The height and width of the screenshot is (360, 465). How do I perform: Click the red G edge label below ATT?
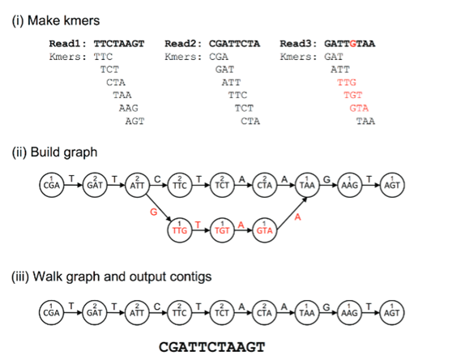[x=154, y=212]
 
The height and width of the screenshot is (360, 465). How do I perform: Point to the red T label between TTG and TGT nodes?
[x=198, y=225]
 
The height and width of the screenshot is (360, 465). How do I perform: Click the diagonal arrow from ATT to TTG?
[x=159, y=208]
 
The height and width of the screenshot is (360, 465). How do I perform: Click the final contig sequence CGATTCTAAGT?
[x=211, y=347]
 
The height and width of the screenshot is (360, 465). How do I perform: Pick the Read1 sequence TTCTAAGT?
[x=119, y=44]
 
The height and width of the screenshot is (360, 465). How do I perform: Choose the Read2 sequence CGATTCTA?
[x=234, y=44]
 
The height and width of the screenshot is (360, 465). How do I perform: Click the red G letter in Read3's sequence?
[x=352, y=44]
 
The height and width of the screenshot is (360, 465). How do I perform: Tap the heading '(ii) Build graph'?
[x=54, y=152]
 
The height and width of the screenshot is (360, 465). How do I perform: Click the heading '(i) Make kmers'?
[x=56, y=20]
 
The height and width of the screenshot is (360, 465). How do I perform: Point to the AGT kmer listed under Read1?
[x=134, y=121]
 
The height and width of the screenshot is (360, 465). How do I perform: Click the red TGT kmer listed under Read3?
[x=353, y=95]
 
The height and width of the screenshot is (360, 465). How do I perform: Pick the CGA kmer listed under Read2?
[x=219, y=57]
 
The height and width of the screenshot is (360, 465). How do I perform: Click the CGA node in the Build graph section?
[x=52, y=185]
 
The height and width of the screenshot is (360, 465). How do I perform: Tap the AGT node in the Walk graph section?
[x=392, y=312]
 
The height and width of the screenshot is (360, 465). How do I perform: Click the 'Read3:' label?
[x=299, y=44]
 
